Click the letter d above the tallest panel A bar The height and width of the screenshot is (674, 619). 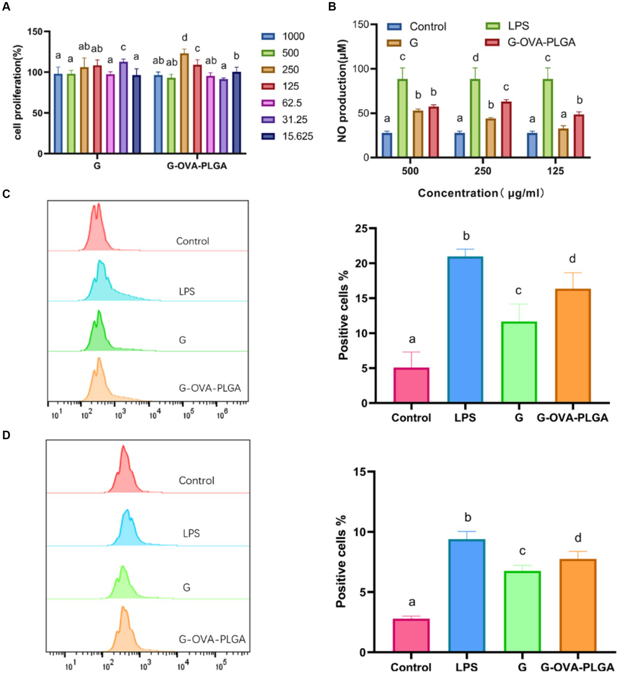pos(184,38)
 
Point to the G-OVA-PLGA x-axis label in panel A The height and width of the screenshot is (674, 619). pos(197,166)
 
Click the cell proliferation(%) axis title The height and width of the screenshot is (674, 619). pos(18,92)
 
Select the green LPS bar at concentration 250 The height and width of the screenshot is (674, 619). pos(475,117)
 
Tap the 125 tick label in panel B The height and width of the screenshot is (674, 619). pos(555,171)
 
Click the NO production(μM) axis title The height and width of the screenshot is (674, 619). pos(342,91)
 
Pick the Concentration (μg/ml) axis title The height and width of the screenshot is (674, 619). pos(481,193)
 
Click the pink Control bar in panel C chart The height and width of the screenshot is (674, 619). pos(411,385)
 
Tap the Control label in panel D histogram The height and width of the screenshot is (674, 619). pos(196,481)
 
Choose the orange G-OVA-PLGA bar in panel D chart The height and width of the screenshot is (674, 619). pos(577,605)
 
